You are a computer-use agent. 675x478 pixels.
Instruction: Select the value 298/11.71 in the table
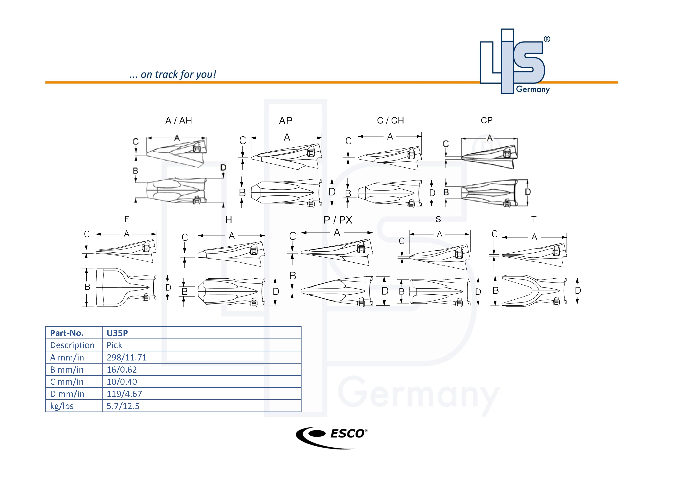(x=126, y=357)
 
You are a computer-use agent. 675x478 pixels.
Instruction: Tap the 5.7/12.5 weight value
(x=123, y=406)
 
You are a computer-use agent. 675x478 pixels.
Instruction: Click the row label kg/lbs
(x=62, y=406)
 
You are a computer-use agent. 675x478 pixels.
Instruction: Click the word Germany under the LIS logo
(x=533, y=89)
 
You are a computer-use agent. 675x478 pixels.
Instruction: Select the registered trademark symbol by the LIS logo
(x=547, y=39)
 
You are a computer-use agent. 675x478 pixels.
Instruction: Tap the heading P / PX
(x=338, y=220)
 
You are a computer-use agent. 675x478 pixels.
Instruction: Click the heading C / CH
(x=390, y=120)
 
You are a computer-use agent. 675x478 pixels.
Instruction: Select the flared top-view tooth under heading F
(x=126, y=287)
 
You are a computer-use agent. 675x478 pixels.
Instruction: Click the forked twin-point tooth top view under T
(x=534, y=291)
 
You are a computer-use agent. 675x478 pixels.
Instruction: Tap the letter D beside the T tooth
(x=578, y=291)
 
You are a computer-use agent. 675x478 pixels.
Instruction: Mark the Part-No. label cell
(x=67, y=333)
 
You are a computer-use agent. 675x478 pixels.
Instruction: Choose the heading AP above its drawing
(x=286, y=121)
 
